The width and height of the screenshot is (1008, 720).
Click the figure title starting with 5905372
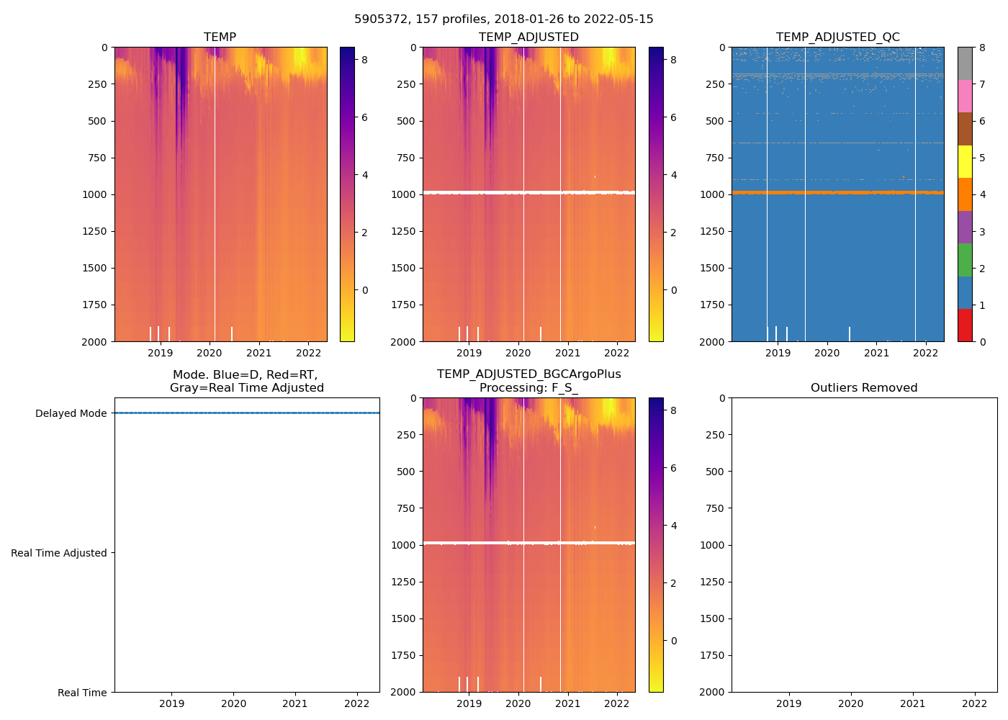click(x=504, y=19)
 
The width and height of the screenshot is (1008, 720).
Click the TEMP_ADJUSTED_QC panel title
click(x=837, y=37)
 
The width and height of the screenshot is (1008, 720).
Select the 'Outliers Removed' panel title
click(x=864, y=388)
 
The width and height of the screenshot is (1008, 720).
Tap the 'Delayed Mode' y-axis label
click(x=71, y=413)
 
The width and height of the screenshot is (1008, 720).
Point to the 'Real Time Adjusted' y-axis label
click(x=59, y=553)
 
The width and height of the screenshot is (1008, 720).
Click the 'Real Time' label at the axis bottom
click(x=82, y=693)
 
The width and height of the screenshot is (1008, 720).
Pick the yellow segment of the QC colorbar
click(x=965, y=161)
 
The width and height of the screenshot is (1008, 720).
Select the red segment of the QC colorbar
click(x=965, y=325)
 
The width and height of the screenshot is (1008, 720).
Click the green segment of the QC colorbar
click(x=965, y=259)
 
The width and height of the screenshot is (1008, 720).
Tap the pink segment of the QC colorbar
click(x=965, y=96)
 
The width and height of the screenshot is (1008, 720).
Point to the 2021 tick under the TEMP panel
click(x=259, y=353)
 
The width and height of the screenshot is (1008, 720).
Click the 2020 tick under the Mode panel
click(x=233, y=703)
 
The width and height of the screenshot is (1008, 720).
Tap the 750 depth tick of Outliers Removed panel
click(x=714, y=508)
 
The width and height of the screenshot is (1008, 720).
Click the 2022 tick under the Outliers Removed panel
click(x=975, y=703)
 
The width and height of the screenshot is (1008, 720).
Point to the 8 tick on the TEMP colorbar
click(x=365, y=60)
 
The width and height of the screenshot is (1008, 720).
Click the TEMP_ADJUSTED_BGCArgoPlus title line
click(x=528, y=374)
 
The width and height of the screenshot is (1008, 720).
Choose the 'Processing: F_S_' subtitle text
click(x=528, y=388)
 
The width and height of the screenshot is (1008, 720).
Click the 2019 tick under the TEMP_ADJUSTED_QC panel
click(x=778, y=353)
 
